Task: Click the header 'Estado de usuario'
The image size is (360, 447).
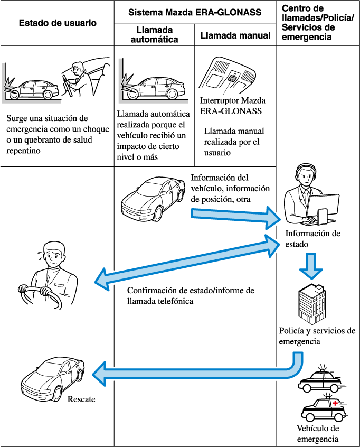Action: click(58, 23)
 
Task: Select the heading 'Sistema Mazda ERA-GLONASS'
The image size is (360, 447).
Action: click(195, 12)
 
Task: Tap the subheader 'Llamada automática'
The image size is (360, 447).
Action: click(155, 35)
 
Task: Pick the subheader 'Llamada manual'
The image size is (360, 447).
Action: click(235, 35)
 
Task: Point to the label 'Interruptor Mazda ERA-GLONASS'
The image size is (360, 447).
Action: click(233, 106)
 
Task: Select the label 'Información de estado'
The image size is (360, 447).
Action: click(312, 238)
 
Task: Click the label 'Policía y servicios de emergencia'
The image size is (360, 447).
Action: click(317, 336)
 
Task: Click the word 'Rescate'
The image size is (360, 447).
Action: click(81, 399)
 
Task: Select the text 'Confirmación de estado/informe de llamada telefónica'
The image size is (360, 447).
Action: click(191, 296)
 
